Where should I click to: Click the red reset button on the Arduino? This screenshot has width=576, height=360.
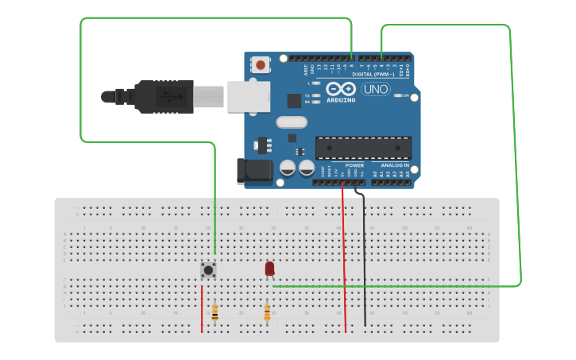click(x=260, y=64)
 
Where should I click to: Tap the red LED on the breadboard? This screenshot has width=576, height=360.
click(x=270, y=269)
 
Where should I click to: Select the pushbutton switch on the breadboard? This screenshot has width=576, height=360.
click(x=209, y=270)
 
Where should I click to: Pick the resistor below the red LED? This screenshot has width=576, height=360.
click(x=267, y=312)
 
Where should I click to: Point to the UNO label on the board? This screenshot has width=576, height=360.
click(x=375, y=89)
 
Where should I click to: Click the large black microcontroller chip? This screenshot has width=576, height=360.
click(x=363, y=148)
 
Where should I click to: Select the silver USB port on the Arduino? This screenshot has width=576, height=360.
click(x=248, y=96)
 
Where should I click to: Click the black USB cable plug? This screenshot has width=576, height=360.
click(x=163, y=96)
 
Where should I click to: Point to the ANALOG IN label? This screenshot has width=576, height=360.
click(x=394, y=165)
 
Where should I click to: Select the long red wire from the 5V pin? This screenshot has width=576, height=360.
click(x=344, y=254)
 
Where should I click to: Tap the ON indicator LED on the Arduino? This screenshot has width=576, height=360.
click(x=396, y=95)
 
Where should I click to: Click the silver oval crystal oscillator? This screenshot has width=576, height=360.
click(x=292, y=122)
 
